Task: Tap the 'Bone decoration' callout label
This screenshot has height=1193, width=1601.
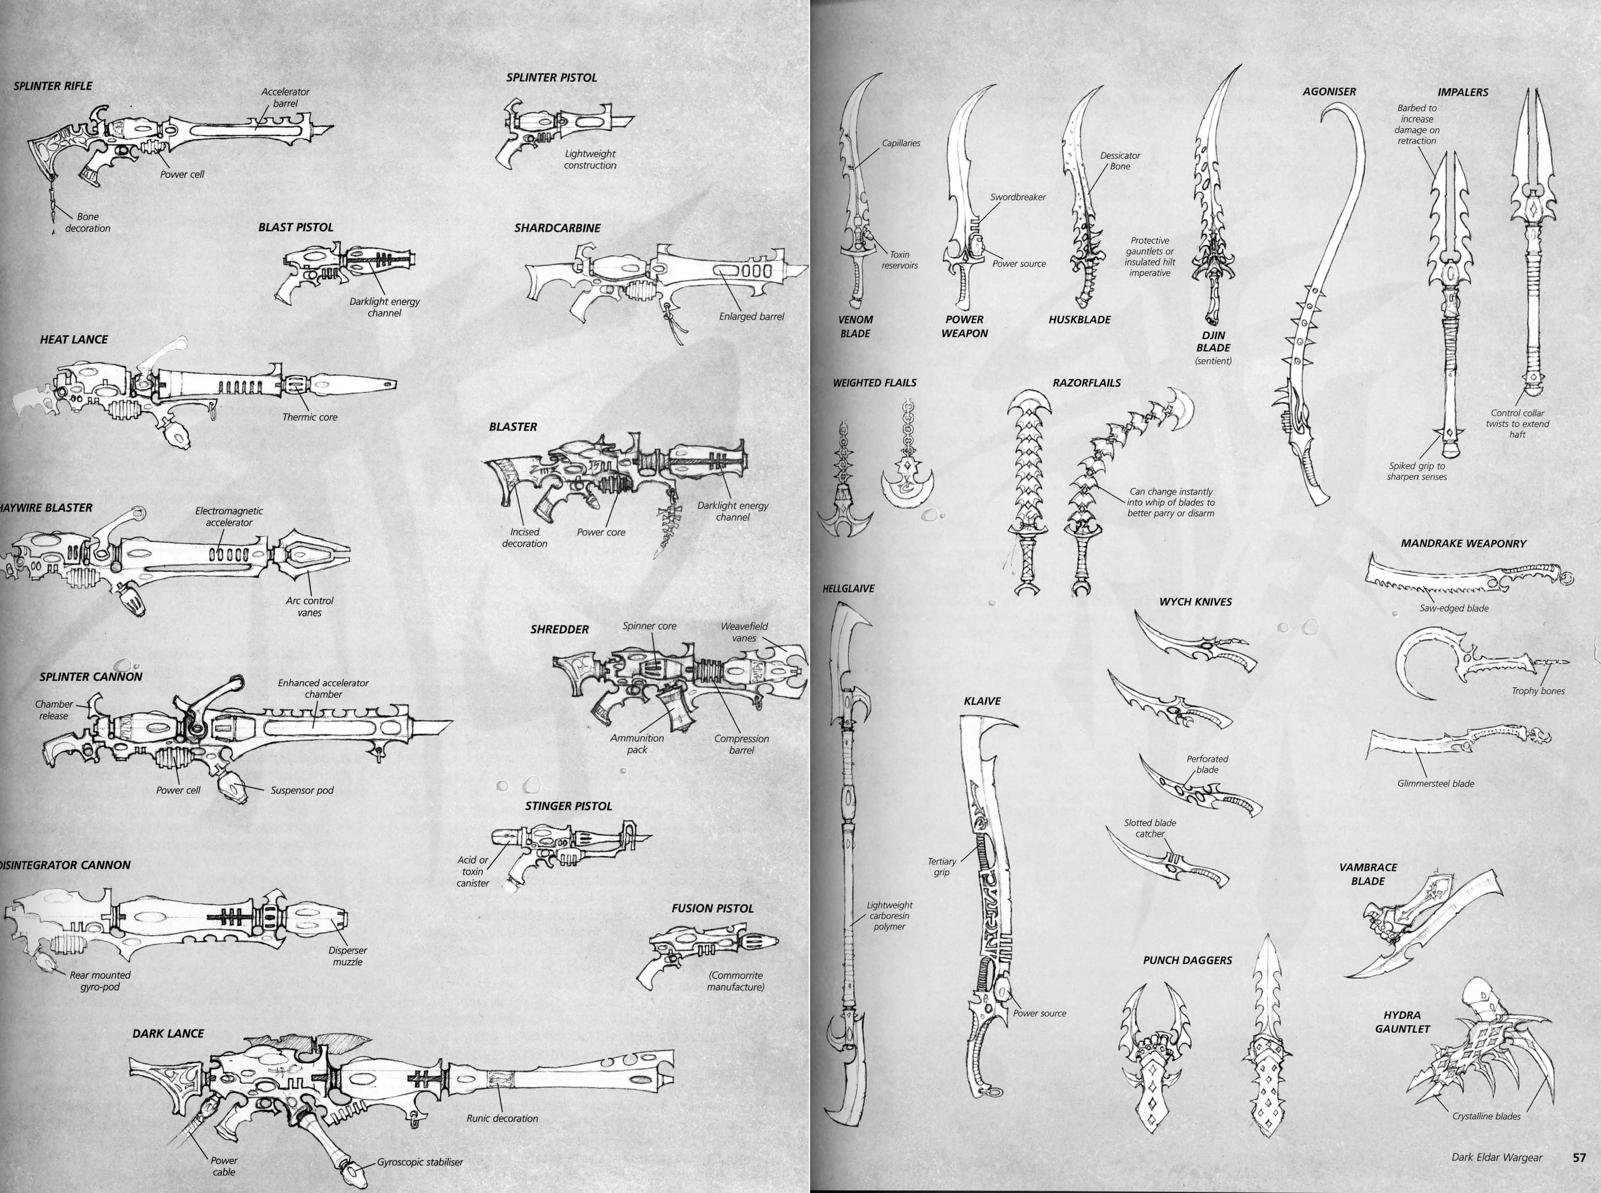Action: pos(88,222)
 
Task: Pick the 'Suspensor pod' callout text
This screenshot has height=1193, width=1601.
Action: pos(302,791)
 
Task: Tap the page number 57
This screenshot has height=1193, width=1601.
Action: pos(1580,1157)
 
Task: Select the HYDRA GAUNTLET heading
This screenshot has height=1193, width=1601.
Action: pos(1402,1022)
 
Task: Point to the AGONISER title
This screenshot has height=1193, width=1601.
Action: pos(1329,92)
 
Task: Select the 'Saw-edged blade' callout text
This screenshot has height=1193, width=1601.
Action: pos(1454,608)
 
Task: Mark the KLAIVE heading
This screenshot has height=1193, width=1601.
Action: pos(982,701)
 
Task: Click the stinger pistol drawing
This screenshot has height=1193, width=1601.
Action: pos(563,845)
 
